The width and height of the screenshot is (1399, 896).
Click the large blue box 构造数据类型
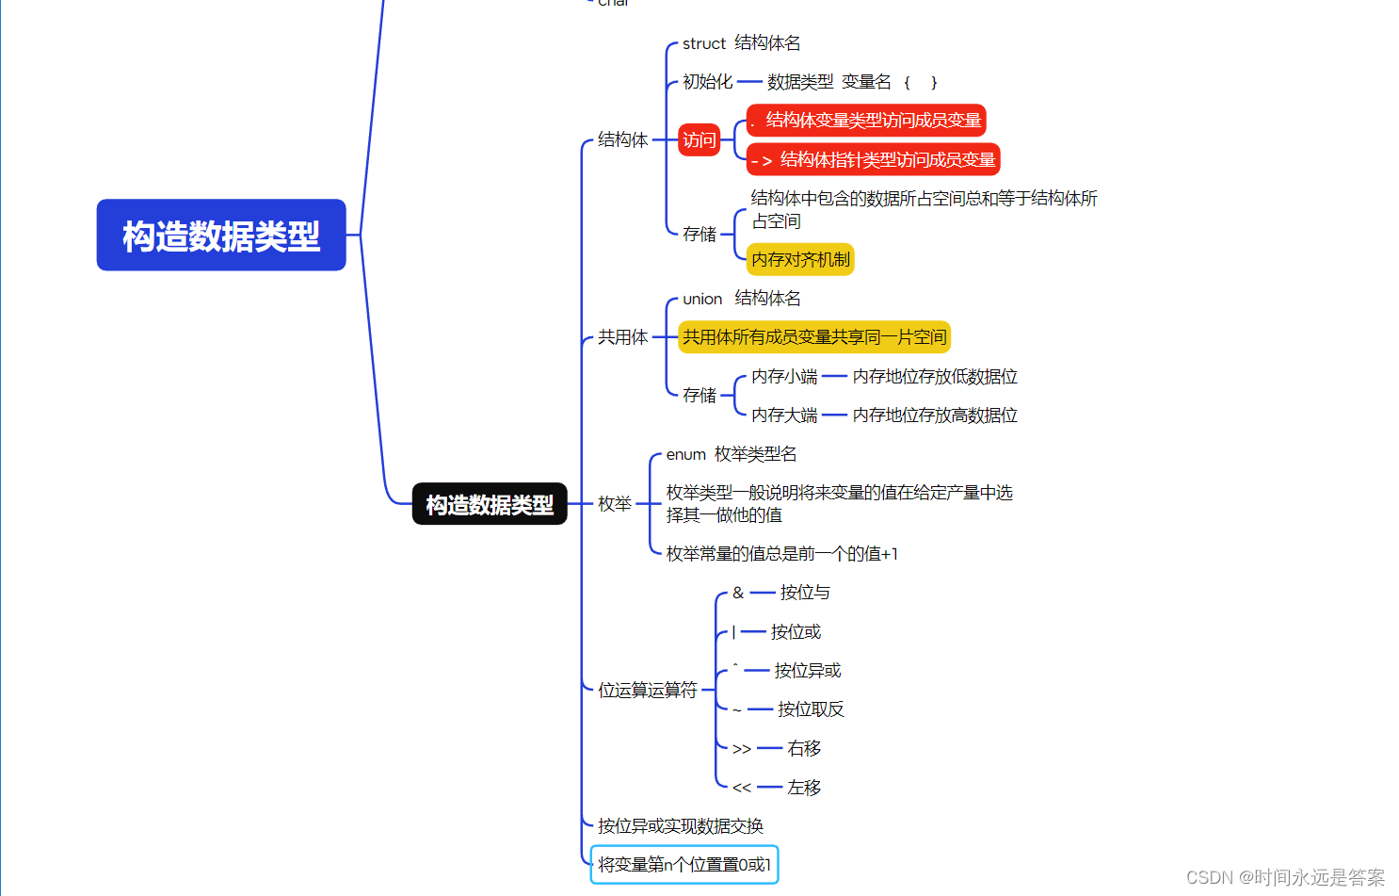pos(221,235)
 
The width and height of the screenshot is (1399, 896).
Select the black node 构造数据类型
pos(490,504)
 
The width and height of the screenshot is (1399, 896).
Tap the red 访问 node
pos(699,140)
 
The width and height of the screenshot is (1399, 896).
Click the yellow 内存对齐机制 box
pos(800,259)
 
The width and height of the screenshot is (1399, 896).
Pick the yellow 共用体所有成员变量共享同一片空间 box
pos(814,337)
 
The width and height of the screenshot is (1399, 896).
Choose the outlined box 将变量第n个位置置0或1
pos(684,864)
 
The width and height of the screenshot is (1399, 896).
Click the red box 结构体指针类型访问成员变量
pos(874,160)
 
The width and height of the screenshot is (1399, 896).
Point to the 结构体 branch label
pos(622,140)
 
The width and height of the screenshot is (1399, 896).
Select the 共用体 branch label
pos(622,337)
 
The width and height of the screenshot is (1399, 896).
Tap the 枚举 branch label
pos(615,504)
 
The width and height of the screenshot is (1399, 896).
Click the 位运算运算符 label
pos(648,691)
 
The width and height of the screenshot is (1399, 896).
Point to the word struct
pos(703,43)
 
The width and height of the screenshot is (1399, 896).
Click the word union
pos(702,299)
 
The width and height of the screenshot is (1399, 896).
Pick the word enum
pos(685,454)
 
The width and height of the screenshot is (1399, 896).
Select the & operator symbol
pos(738,593)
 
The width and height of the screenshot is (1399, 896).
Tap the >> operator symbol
pos(742,749)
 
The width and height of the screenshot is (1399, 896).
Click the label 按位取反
pos(811,709)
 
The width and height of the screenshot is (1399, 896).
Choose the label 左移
pos(804,788)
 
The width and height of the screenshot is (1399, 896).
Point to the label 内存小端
pos(784,377)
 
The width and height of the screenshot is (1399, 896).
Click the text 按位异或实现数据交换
pos(681,826)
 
